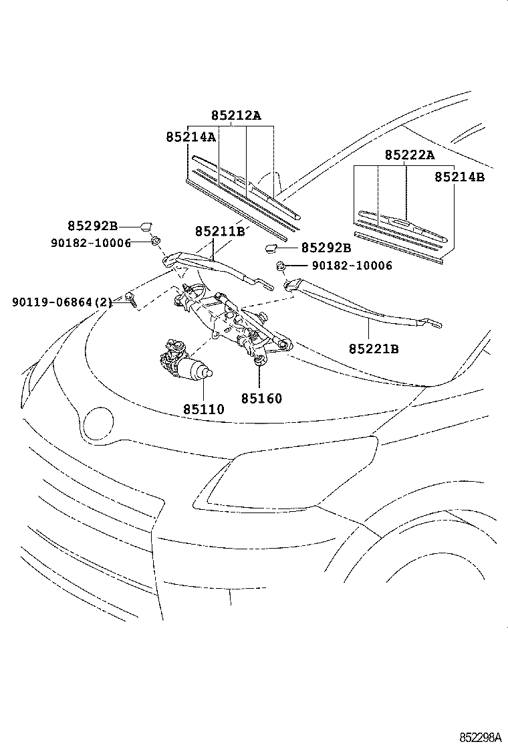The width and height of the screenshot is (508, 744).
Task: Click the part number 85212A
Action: pyautogui.click(x=235, y=116)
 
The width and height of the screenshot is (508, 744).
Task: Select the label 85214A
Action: pyautogui.click(x=190, y=137)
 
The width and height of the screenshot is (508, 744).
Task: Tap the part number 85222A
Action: pyautogui.click(x=409, y=155)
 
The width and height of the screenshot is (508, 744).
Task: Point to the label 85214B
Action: pyautogui.click(x=459, y=177)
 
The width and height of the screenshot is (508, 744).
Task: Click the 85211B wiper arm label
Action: pyautogui.click(x=221, y=231)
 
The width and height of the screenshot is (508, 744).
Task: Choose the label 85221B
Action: pyautogui.click(x=374, y=349)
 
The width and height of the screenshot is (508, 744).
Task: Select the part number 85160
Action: pyautogui.click(x=261, y=399)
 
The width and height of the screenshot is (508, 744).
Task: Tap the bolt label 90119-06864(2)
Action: pyautogui.click(x=62, y=302)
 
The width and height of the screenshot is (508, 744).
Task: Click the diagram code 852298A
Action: pyautogui.click(x=479, y=737)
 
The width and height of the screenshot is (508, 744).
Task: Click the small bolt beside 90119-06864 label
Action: pyautogui.click(x=130, y=298)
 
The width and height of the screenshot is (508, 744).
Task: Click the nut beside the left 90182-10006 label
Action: pyautogui.click(x=154, y=242)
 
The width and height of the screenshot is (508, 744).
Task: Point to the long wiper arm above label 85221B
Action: pyautogui.click(x=361, y=304)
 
